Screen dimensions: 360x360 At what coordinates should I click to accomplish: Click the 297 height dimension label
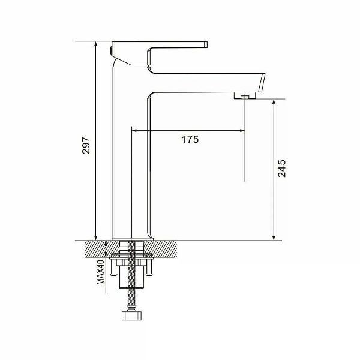86,145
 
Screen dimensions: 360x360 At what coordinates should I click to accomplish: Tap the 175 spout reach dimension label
190,139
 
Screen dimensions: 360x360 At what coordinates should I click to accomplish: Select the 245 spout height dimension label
282,169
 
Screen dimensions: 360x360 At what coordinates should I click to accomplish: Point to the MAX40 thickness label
101,272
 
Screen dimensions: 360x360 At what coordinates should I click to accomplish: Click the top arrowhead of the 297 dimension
96,44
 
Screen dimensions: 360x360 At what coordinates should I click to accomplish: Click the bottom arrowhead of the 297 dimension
96,238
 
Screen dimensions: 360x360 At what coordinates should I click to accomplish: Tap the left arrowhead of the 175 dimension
134,131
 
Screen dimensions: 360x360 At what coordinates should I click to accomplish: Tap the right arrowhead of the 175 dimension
242,131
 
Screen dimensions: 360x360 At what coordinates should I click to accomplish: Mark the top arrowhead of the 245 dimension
274,103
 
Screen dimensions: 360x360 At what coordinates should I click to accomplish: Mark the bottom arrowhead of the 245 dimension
274,238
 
